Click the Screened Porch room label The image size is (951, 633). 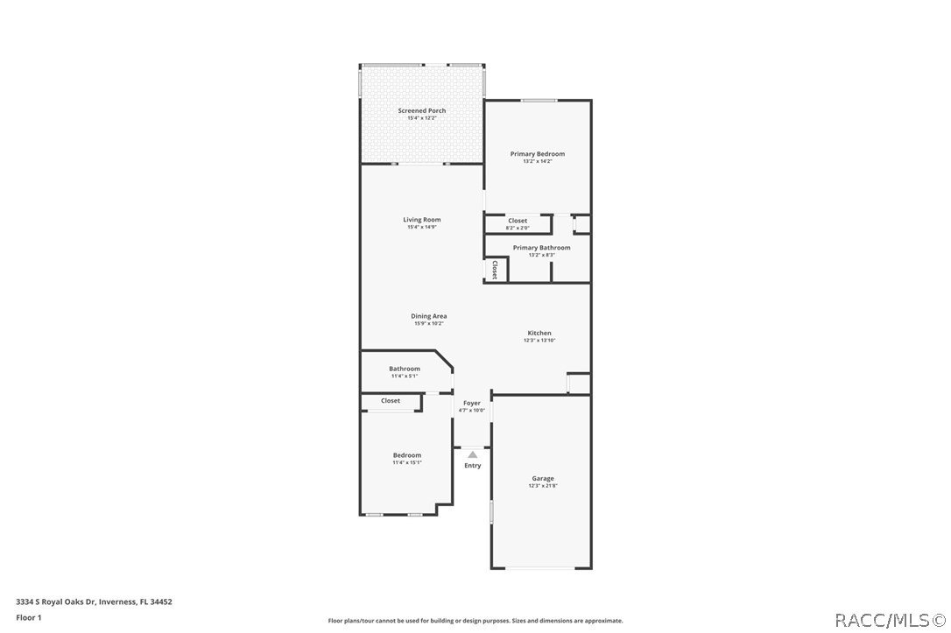click(x=421, y=111)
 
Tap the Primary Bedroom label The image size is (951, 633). click(x=538, y=154)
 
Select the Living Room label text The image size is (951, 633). click(x=421, y=220)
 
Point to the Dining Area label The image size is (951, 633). click(x=429, y=316)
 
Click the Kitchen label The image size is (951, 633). click(x=539, y=333)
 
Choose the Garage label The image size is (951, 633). click(x=542, y=479)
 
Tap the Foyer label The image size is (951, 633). click(x=471, y=403)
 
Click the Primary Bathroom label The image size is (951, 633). click(x=541, y=248)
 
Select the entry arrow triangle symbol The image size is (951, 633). click(x=472, y=454)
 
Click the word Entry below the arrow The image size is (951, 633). click(x=472, y=466)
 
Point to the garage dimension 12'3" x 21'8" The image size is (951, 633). click(x=542, y=486)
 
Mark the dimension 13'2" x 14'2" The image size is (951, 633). click(x=538, y=162)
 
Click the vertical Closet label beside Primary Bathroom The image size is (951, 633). click(x=495, y=269)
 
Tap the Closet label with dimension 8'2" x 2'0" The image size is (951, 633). click(x=518, y=221)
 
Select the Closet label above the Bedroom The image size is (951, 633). click(x=391, y=401)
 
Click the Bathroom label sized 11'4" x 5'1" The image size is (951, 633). click(x=405, y=369)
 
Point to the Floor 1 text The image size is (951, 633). click(x=28, y=617)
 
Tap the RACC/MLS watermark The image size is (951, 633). click(x=890, y=621)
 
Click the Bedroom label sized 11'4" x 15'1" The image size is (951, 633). click(x=407, y=455)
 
